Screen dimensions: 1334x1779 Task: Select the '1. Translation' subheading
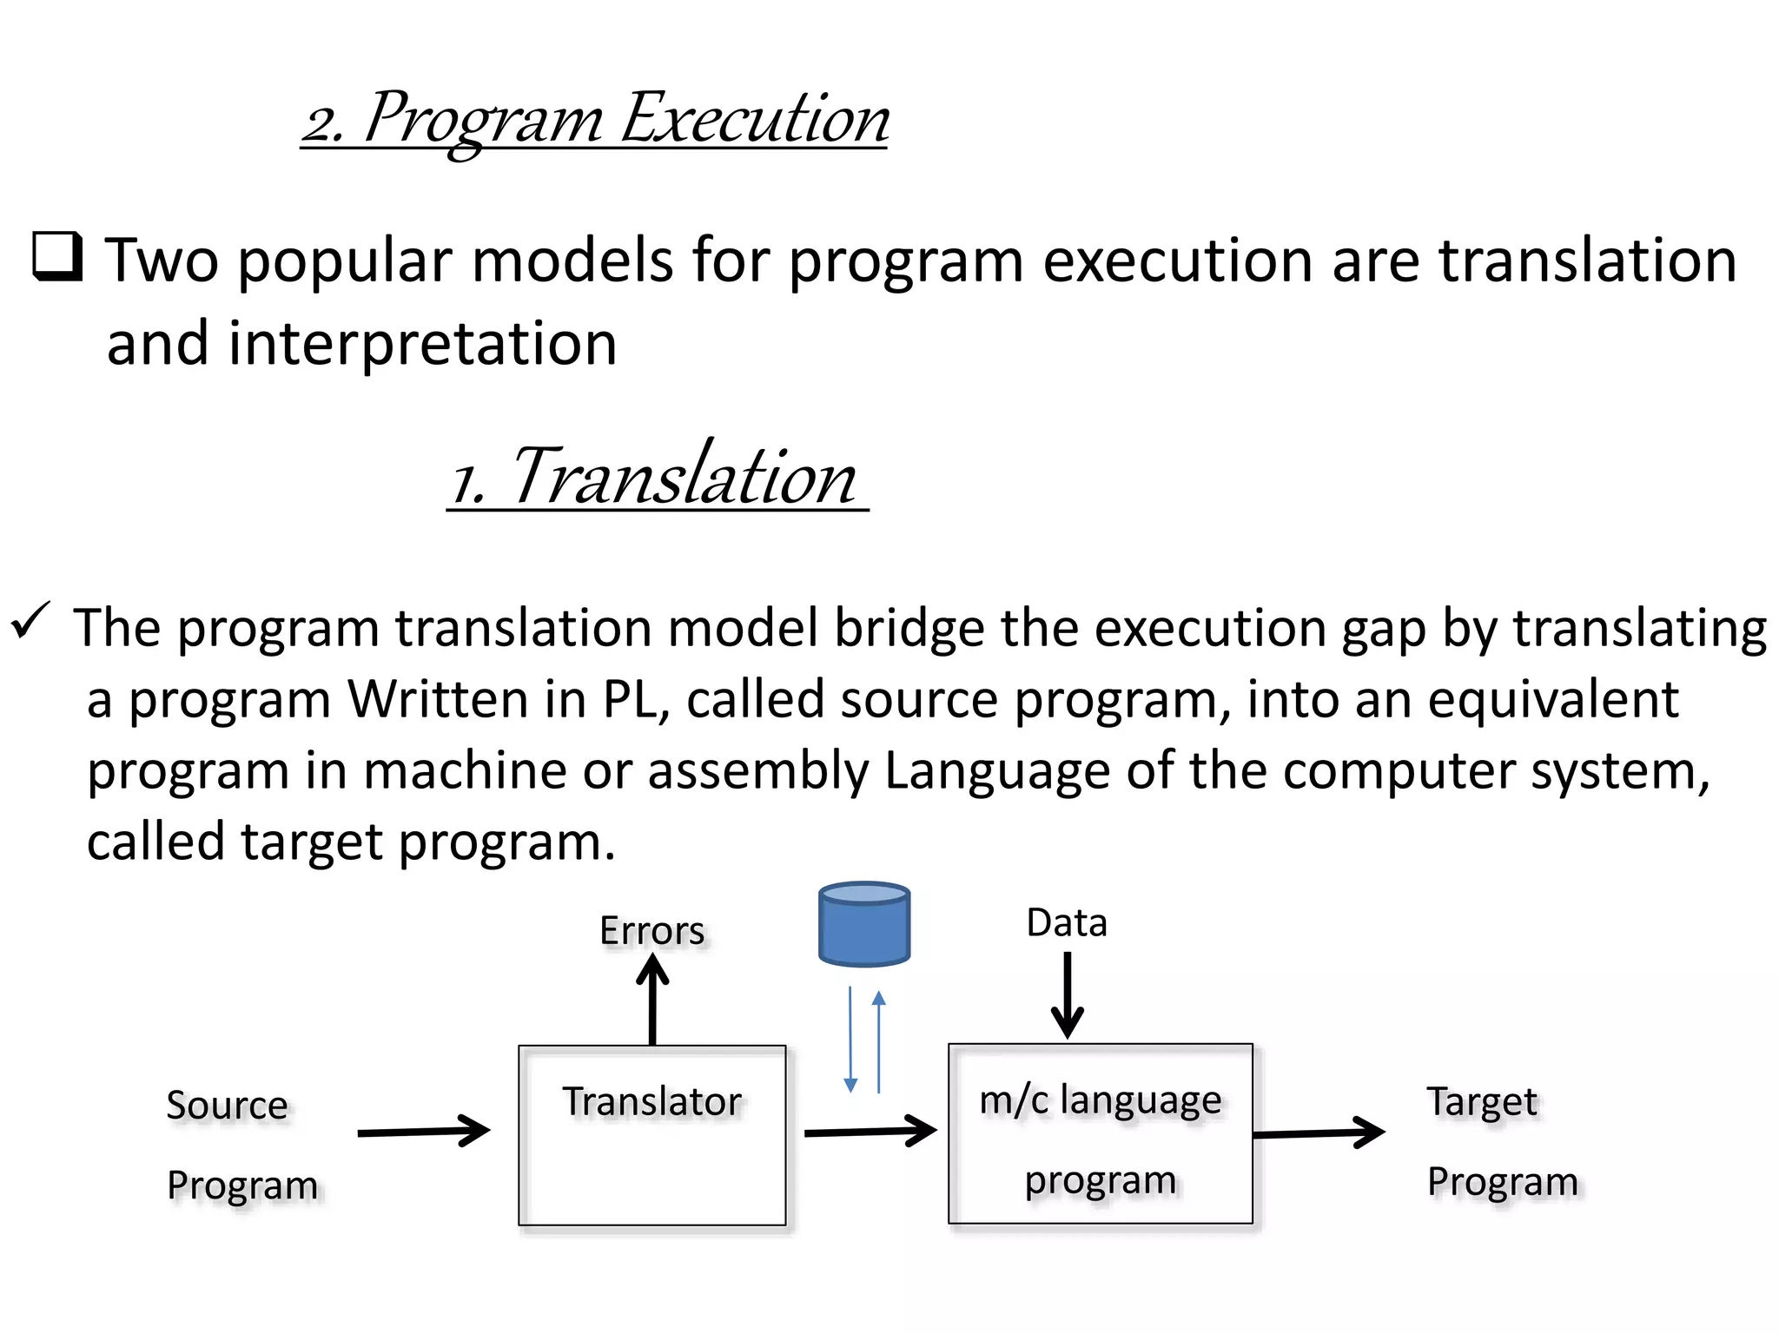[657, 477]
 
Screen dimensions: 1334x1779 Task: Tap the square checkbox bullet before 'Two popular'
[57, 257]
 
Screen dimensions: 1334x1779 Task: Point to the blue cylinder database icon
[863, 924]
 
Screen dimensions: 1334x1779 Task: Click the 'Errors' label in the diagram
[651, 931]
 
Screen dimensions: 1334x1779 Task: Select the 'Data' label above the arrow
[1066, 922]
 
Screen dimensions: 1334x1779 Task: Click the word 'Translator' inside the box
[651, 1101]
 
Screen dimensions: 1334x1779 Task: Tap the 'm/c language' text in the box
[1100, 1100]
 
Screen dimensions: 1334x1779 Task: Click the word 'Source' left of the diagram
[227, 1106]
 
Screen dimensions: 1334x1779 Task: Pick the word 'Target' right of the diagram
[1482, 1102]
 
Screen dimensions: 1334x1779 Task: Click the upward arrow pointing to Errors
[652, 999]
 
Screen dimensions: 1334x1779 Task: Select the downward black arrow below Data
[1067, 995]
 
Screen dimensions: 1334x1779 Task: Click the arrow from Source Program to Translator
[424, 1132]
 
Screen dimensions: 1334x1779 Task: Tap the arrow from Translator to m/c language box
[870, 1132]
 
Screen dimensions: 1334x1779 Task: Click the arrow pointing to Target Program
[1319, 1133]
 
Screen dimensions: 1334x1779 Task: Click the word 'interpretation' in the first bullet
[422, 344]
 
